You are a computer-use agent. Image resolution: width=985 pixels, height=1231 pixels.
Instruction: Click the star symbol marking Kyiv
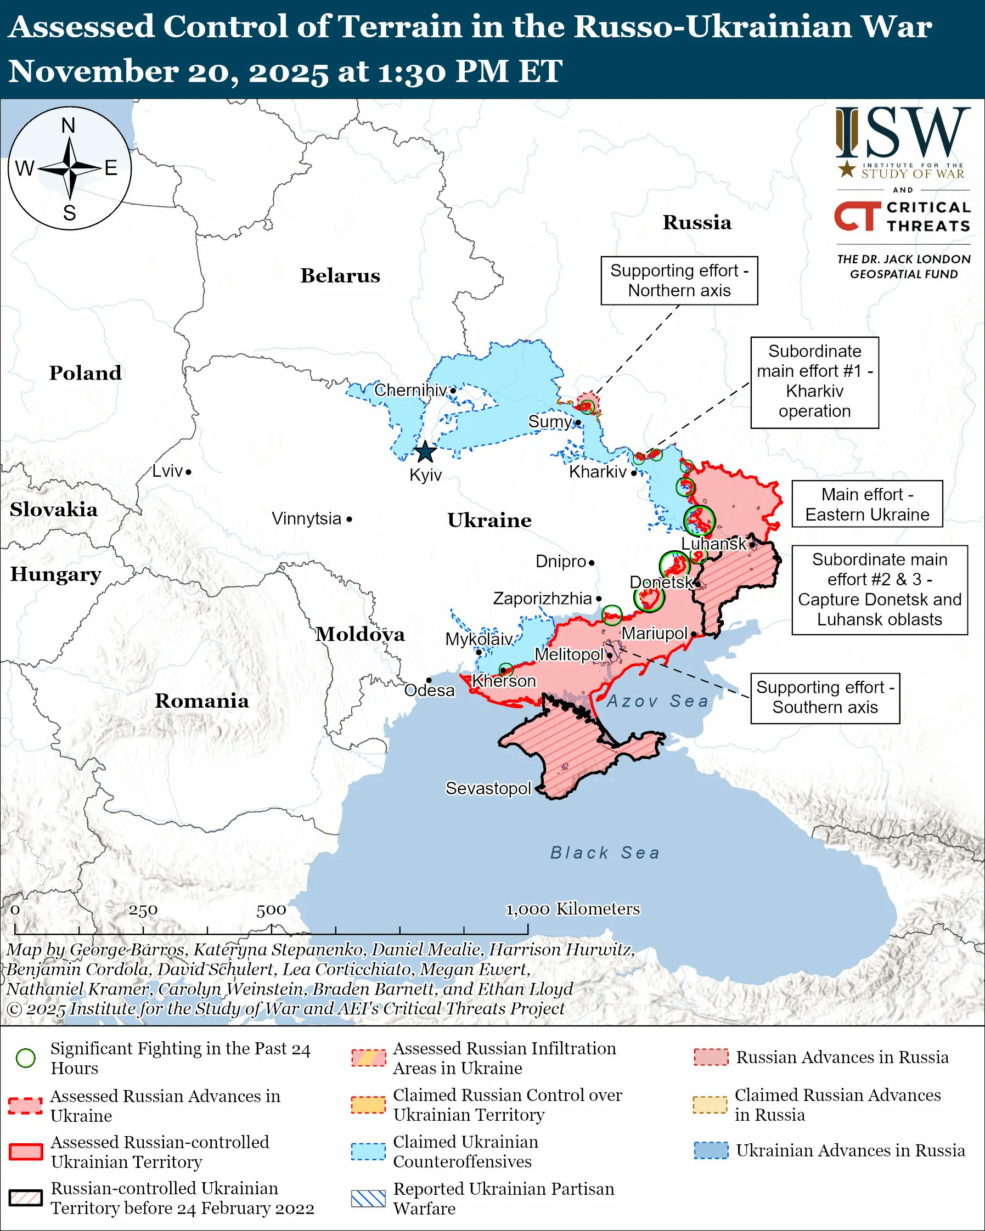tap(425, 452)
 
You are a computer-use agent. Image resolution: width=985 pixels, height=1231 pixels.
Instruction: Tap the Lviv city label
tap(167, 471)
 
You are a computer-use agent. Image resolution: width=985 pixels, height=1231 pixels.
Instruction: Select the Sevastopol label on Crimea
tap(488, 788)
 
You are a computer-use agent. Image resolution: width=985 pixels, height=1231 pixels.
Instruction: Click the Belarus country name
tap(340, 276)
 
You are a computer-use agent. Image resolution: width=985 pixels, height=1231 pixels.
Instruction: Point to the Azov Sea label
tap(657, 701)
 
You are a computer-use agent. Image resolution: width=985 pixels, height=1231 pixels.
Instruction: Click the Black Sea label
tap(605, 852)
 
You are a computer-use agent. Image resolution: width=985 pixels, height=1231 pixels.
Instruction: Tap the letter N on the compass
tap(69, 126)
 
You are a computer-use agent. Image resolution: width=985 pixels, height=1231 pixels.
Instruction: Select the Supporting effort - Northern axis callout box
tap(679, 280)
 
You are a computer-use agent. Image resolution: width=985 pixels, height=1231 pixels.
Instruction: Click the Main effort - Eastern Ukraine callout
tap(867, 504)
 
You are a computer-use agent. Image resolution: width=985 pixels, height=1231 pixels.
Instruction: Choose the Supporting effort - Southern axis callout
tap(825, 697)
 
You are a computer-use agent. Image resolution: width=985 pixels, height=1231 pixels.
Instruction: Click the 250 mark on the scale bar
tap(143, 910)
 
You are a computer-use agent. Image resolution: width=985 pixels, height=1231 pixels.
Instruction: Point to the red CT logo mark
tap(857, 216)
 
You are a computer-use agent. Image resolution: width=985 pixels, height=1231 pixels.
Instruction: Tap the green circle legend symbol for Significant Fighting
tap(26, 1058)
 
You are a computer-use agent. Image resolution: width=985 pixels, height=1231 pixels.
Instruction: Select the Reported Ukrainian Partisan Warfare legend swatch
tap(368, 1199)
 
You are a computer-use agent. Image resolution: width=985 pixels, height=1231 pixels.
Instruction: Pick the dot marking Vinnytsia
tap(350, 519)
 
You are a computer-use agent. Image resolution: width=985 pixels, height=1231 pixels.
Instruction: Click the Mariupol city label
tap(655, 633)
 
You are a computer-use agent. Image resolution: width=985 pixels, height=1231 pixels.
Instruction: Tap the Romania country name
tap(201, 701)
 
